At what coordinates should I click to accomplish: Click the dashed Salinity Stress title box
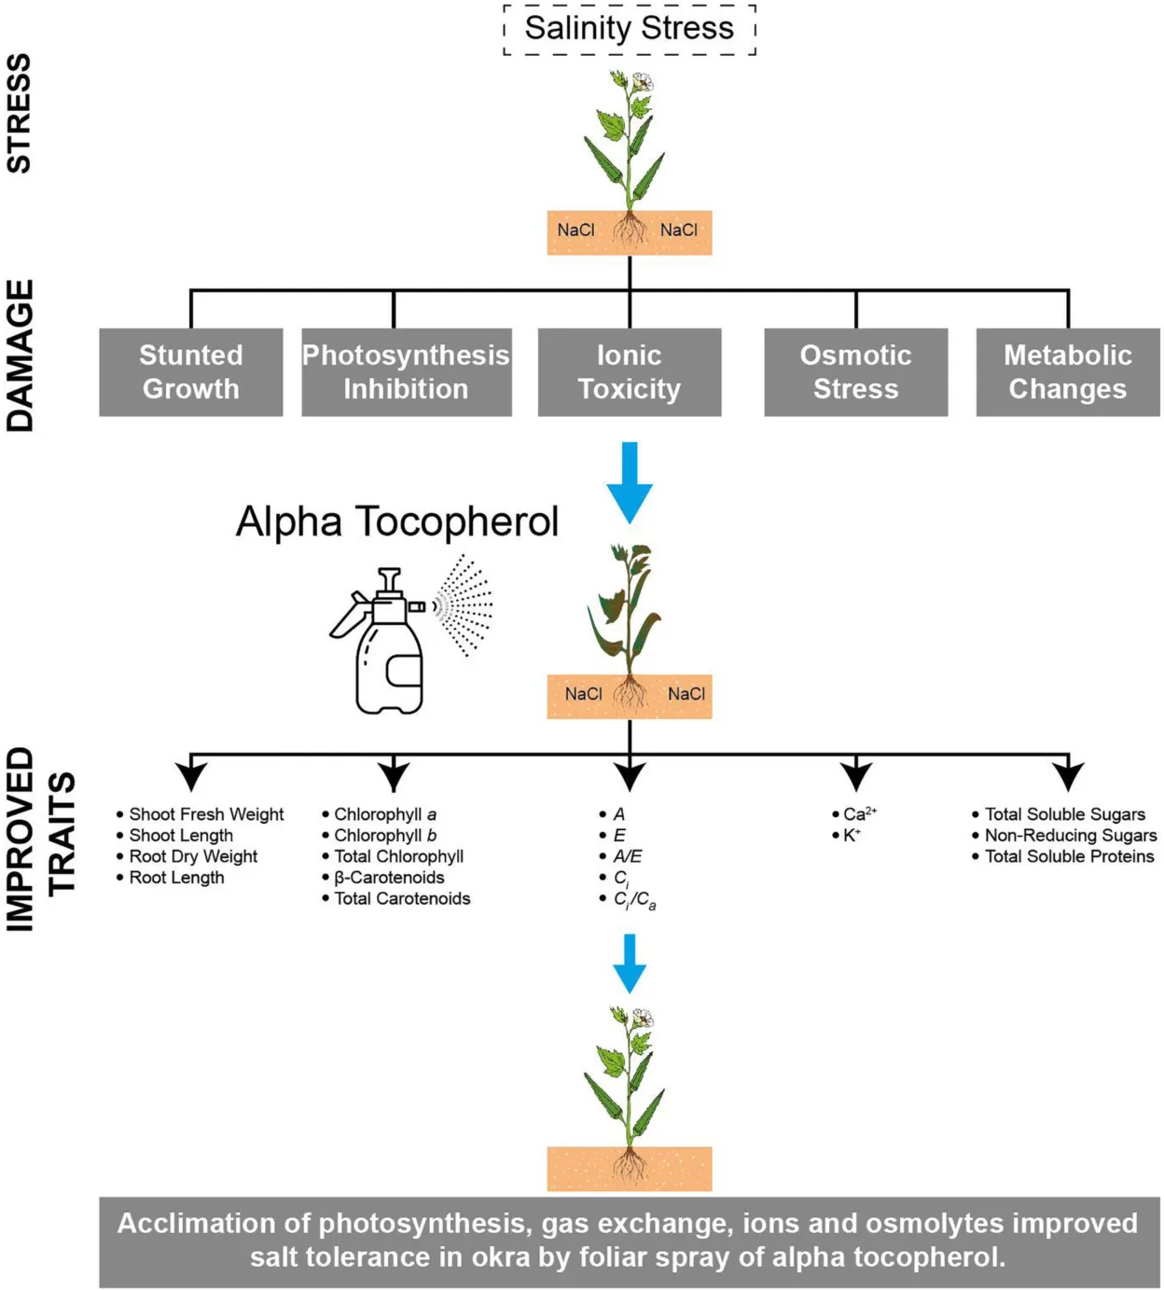pyautogui.click(x=630, y=29)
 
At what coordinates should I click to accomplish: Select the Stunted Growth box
pyautogui.click(x=191, y=372)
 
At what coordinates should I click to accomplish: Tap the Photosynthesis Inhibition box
pyautogui.click(x=406, y=372)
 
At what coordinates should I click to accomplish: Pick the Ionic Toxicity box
pyautogui.click(x=630, y=372)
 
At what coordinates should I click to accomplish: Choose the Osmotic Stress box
pyautogui.click(x=855, y=372)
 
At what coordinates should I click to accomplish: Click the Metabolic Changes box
pyautogui.click(x=1068, y=372)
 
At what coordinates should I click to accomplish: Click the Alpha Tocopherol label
pyautogui.click(x=397, y=521)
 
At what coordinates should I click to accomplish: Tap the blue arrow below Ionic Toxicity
pyautogui.click(x=630, y=481)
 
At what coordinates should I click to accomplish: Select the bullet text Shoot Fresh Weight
pyautogui.click(x=206, y=814)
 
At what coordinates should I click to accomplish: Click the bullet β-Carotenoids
pyautogui.click(x=389, y=878)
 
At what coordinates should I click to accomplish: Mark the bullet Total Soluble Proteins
pyautogui.click(x=1069, y=856)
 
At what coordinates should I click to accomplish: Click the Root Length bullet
pyautogui.click(x=176, y=878)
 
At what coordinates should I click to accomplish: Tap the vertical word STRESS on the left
pyautogui.click(x=20, y=113)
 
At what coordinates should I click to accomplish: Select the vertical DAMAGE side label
pyautogui.click(x=20, y=355)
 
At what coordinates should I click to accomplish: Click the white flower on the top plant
pyautogui.click(x=643, y=82)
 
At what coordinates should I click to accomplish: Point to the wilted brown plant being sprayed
pyautogui.click(x=628, y=611)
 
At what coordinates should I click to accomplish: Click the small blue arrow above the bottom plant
pyautogui.click(x=630, y=964)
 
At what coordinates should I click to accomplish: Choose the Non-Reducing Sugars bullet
pyautogui.click(x=1070, y=836)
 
